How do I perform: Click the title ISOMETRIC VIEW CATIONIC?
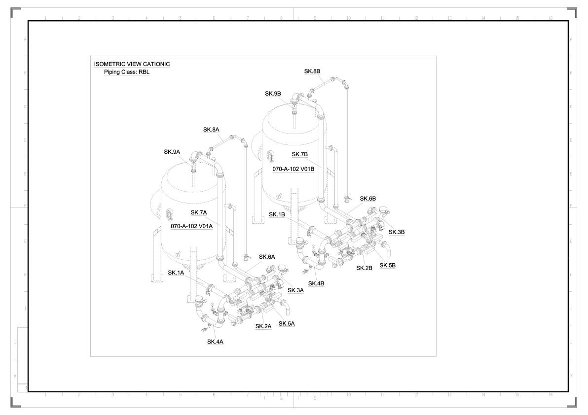click(132, 64)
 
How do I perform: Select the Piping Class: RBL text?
click(126, 72)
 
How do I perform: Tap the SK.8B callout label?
click(312, 71)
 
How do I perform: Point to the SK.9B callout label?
click(273, 94)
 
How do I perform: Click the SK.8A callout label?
click(211, 130)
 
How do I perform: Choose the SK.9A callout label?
click(172, 152)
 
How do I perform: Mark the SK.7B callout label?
click(299, 154)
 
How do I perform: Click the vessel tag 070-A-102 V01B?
click(294, 169)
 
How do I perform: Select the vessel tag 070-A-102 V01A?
click(192, 226)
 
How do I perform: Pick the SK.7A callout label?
click(199, 212)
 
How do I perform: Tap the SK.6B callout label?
click(368, 199)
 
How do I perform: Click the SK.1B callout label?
click(277, 214)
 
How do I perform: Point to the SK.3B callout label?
click(397, 232)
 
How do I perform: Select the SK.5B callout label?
click(387, 265)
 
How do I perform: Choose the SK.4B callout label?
click(316, 283)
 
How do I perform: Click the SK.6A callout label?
click(267, 257)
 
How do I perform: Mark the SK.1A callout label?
click(176, 273)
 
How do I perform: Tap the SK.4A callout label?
click(215, 342)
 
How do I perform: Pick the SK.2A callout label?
click(263, 326)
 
